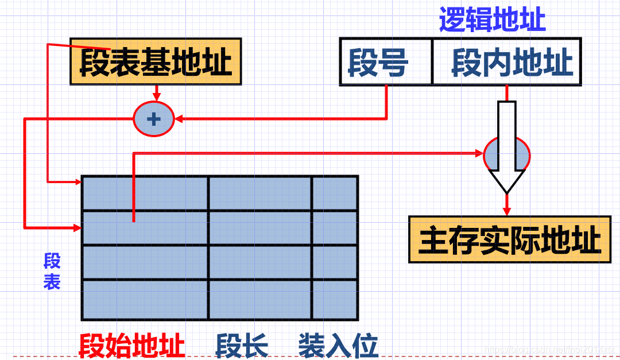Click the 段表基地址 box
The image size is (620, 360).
click(155, 61)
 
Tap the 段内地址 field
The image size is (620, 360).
click(506, 62)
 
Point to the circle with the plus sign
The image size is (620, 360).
click(153, 119)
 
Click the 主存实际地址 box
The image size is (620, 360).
click(509, 239)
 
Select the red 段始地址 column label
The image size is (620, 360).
click(131, 346)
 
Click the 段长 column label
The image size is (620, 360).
click(242, 346)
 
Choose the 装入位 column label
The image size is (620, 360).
click(338, 346)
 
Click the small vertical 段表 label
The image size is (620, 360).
click(52, 272)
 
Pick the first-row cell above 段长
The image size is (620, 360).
click(259, 193)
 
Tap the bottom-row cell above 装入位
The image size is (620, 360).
click(335, 299)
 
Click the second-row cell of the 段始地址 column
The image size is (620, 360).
click(145, 228)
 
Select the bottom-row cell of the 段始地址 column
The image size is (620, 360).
click(145, 299)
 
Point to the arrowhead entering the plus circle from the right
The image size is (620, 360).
click(179, 119)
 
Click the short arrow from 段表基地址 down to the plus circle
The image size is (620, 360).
click(155, 93)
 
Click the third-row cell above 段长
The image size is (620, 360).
click(259, 262)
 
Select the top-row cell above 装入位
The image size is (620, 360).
click(335, 193)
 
